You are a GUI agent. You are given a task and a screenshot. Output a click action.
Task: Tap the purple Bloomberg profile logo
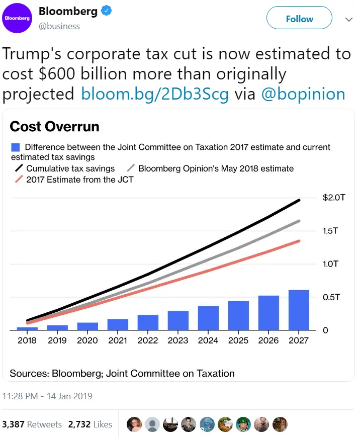[17, 18]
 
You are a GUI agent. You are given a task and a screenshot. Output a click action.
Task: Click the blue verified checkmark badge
[106, 11]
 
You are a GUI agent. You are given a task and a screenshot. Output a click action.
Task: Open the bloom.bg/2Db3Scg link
[155, 94]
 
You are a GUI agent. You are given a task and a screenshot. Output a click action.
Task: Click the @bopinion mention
[303, 94]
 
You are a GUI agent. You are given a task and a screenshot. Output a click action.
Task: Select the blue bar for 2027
[299, 310]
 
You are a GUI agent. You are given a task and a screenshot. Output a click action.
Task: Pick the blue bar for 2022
[148, 322]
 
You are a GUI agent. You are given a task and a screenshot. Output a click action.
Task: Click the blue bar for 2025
[238, 315]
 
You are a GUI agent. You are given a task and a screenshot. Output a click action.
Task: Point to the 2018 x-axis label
[27, 340]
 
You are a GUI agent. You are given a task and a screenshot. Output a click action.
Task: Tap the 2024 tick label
[208, 340]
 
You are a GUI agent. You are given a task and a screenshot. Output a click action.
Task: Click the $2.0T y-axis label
[334, 198]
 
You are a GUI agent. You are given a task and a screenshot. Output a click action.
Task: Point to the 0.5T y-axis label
[331, 297]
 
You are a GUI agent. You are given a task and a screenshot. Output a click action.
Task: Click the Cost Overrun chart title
[55, 126]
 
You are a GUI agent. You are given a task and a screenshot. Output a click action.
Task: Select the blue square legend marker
[15, 147]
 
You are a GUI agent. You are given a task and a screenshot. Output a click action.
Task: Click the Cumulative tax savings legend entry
[65, 168]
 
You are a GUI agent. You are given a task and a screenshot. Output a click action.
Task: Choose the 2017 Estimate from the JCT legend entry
[74, 180]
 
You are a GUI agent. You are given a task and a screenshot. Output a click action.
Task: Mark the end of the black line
[299, 200]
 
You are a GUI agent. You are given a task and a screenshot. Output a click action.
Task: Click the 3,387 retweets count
[13, 424]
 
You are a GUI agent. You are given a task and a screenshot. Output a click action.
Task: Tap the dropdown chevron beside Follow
[349, 20]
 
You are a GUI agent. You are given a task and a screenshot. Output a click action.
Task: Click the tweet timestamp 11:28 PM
[20, 396]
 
